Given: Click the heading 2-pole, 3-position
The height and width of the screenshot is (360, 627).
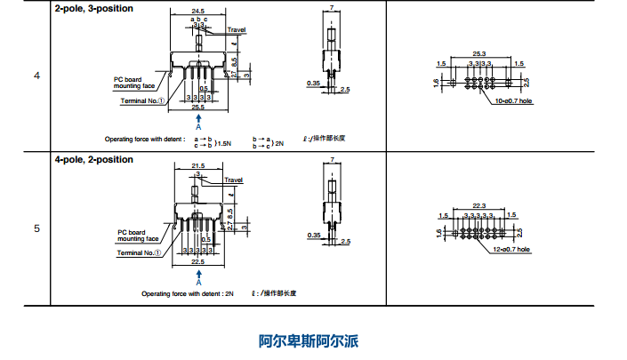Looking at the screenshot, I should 93,8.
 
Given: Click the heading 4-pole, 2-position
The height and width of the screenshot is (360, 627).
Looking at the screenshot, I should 93,159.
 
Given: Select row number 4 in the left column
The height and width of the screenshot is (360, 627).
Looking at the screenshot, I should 36,76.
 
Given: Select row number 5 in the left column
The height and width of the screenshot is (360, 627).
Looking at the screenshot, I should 36,228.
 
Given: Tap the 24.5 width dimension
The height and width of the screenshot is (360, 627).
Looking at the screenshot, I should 198,12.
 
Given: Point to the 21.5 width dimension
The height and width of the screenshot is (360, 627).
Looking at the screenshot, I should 197,166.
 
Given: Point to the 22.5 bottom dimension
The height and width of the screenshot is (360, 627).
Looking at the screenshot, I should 197,262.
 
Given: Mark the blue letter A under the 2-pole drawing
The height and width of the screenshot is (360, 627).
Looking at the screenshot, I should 198,127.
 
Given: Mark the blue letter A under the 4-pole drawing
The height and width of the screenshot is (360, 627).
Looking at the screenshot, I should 197,282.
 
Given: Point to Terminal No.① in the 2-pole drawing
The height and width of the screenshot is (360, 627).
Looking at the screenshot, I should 144,100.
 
